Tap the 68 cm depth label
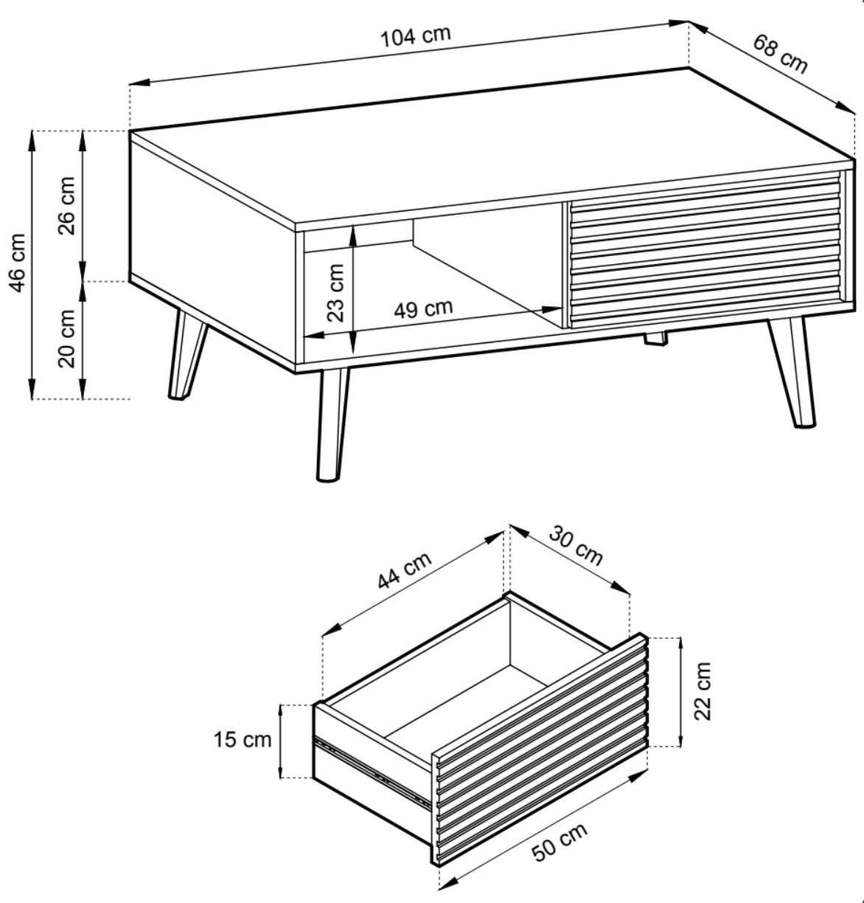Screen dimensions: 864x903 click(780, 54)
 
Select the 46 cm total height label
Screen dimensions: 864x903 click(17, 263)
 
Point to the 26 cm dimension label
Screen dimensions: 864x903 click(66, 206)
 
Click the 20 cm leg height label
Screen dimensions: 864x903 click(66, 339)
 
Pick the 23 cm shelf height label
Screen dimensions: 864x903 click(335, 293)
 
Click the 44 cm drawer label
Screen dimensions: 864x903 click(404, 570)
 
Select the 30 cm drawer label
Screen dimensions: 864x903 click(576, 546)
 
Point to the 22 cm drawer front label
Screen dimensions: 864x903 click(702, 691)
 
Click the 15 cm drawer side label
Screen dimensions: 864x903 click(242, 739)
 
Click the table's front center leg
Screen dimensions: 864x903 click(332, 424)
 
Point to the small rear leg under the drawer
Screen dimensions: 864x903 click(655, 338)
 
